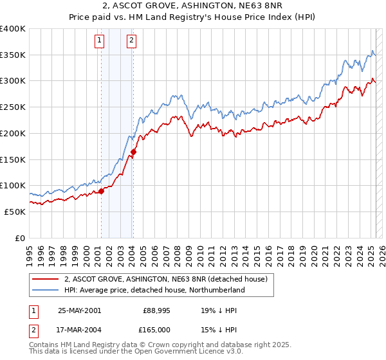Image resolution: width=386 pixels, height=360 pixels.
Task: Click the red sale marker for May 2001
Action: [101, 191]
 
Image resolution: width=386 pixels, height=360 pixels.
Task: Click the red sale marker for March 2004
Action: [133, 152]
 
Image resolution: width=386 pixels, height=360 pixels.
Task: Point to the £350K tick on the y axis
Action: [12, 55]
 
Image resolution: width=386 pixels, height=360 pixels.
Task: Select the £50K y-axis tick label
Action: [15, 212]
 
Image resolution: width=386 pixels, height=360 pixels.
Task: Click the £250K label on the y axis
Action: [12, 107]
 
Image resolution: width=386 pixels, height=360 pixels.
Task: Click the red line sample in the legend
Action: [45, 280]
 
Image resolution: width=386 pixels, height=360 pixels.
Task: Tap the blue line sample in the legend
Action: [45, 291]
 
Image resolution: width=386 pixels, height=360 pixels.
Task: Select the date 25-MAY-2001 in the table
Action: [79, 310]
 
